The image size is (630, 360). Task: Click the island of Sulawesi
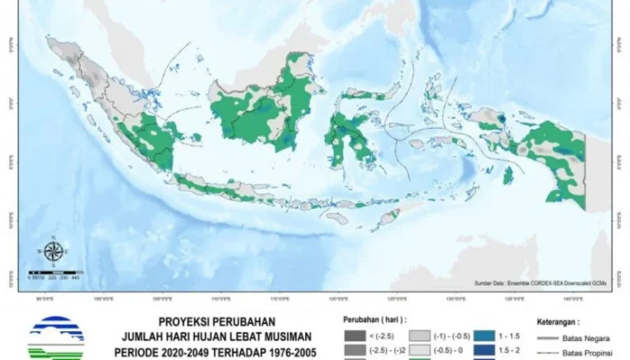point(347,135)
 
